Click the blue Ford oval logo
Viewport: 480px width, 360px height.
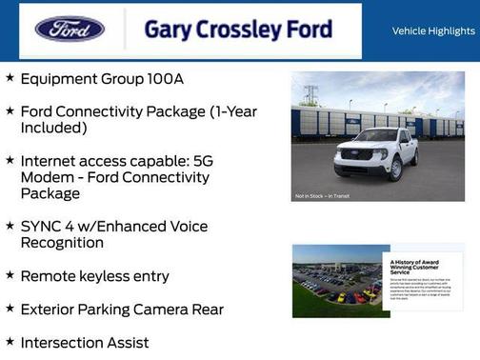(70, 29)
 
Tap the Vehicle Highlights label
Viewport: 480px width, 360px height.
(433, 31)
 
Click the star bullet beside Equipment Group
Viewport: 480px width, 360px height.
(10, 79)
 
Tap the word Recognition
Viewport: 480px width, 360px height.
(62, 243)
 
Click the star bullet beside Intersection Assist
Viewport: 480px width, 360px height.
(10, 341)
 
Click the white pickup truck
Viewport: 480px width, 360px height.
(377, 152)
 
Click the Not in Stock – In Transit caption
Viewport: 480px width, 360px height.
(322, 196)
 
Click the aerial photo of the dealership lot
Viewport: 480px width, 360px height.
(334, 281)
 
